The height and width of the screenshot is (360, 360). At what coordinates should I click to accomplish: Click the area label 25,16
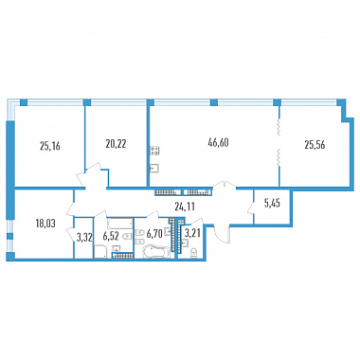pos(50,146)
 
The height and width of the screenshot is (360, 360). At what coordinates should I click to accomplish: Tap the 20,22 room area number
pos(116,144)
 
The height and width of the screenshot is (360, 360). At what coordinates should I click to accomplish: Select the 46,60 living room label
pos(218,142)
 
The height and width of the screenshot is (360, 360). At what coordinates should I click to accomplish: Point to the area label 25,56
pos(315,145)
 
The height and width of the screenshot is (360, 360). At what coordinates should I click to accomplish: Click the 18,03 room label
pos(45,224)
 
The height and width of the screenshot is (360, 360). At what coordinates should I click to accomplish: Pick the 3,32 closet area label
pos(84,238)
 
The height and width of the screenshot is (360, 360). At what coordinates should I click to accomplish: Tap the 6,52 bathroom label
pos(110,237)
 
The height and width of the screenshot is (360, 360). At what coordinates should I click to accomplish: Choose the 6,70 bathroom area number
pos(154,234)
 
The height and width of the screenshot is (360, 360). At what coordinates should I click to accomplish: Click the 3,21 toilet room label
pos(192,235)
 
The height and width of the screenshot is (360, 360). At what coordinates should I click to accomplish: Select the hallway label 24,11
pos(185,207)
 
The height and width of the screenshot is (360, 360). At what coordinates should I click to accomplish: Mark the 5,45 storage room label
pos(272,204)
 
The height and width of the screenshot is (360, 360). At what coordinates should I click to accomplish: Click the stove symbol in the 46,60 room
pos(154,150)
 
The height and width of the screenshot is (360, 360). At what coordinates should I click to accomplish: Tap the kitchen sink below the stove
pos(154,169)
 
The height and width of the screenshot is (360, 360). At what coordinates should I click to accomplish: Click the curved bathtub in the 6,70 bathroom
pos(156,252)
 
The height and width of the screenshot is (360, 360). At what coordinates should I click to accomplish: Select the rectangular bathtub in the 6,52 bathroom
pos(119,223)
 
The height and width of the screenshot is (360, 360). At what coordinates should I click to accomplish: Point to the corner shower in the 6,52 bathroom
pos(100,252)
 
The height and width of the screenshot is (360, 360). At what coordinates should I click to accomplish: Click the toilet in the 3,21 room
pos(194,253)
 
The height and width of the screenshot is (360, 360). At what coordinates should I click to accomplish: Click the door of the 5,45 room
pos(251,208)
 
